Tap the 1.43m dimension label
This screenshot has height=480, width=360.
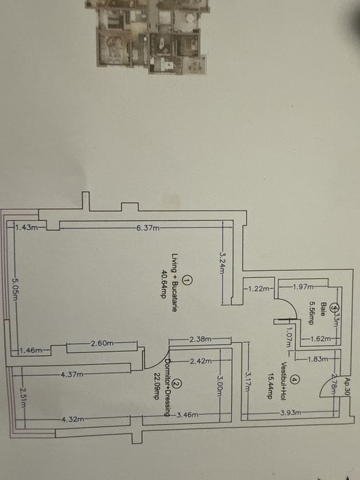coord(27,227)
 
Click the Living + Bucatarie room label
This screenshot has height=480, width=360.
coord(175,283)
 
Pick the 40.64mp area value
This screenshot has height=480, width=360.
coord(164,283)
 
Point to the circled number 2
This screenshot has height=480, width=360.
coord(178,385)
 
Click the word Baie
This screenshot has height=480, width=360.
coord(322,299)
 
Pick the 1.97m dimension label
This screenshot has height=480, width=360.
coord(302,287)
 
